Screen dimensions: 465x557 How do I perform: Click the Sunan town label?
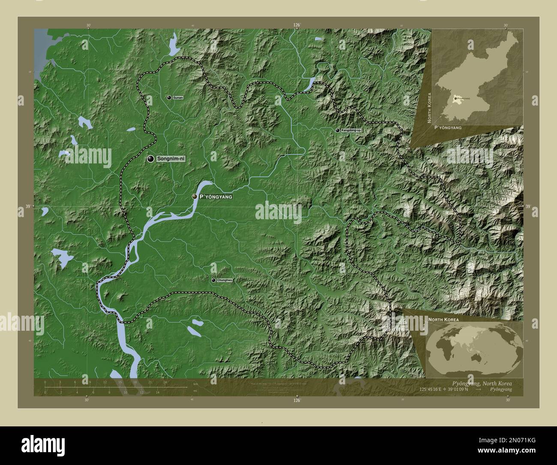tap(178, 98)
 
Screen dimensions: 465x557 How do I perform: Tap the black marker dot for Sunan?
tap(169, 98)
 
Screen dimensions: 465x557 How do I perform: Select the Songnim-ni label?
tap(171, 159)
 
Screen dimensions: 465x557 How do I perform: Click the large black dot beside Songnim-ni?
tap(150, 159)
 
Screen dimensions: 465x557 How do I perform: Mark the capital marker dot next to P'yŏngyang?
tap(195, 196)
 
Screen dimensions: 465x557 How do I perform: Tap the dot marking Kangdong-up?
tap(338, 130)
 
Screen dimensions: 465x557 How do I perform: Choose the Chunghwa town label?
tap(225, 280)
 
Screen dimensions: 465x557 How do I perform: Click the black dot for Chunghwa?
tap(213, 280)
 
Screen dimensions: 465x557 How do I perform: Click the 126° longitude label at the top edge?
tap(297, 25)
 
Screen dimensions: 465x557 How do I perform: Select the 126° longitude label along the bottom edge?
tap(297, 401)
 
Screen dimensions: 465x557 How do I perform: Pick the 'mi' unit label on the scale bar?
tap(195, 391)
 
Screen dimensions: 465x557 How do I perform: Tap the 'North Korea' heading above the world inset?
tap(443, 320)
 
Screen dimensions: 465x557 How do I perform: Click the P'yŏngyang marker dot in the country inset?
tap(455, 98)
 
